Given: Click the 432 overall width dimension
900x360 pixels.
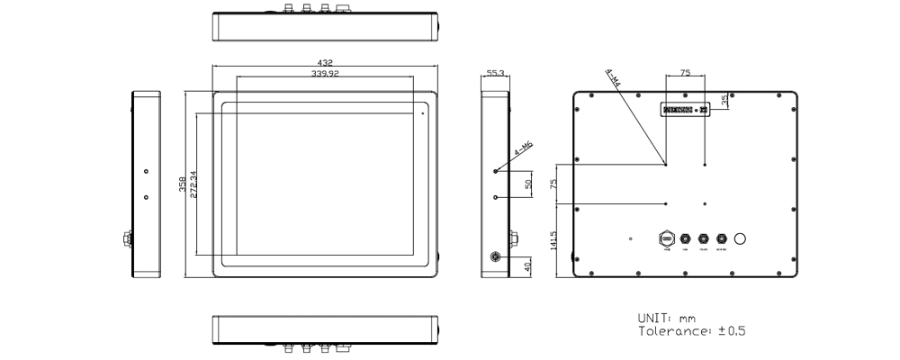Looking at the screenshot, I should [325, 63].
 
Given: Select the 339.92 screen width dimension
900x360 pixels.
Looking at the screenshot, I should [325, 74].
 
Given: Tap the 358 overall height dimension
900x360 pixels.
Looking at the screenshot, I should [182, 184].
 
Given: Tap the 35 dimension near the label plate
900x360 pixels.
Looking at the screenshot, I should [724, 100].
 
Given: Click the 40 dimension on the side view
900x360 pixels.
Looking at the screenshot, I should [528, 266].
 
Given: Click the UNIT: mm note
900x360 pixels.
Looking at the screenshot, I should [667, 319].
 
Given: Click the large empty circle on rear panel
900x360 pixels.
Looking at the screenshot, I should [742, 239].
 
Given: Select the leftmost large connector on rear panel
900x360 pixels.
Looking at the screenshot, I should [667, 239].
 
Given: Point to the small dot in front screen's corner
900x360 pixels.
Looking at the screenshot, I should [421, 113].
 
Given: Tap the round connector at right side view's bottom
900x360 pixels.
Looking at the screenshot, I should [492, 256].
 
